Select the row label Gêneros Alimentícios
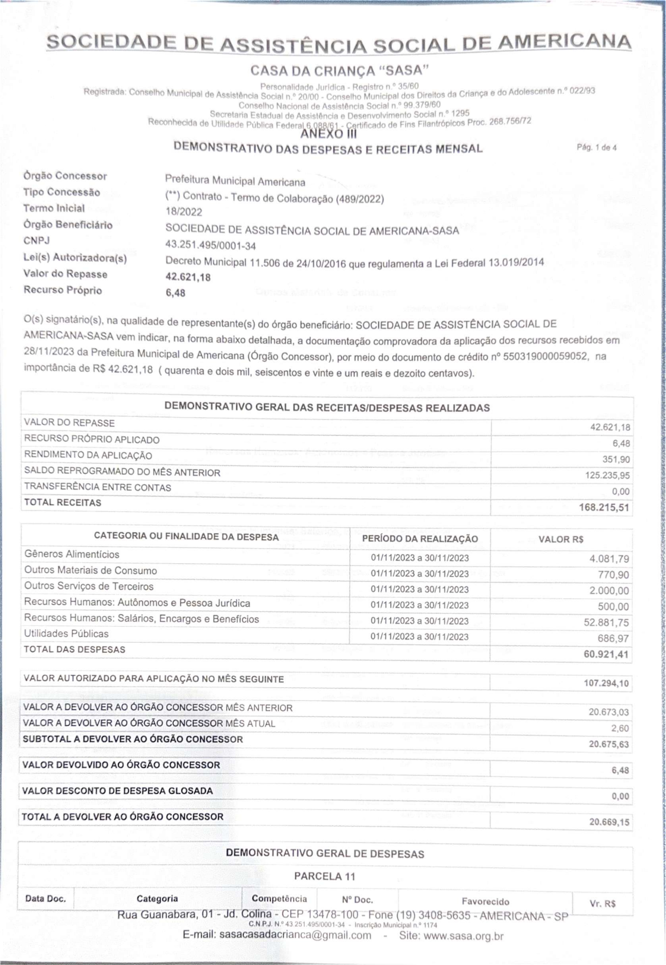click(72, 554)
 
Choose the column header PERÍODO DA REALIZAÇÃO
click(420, 539)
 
